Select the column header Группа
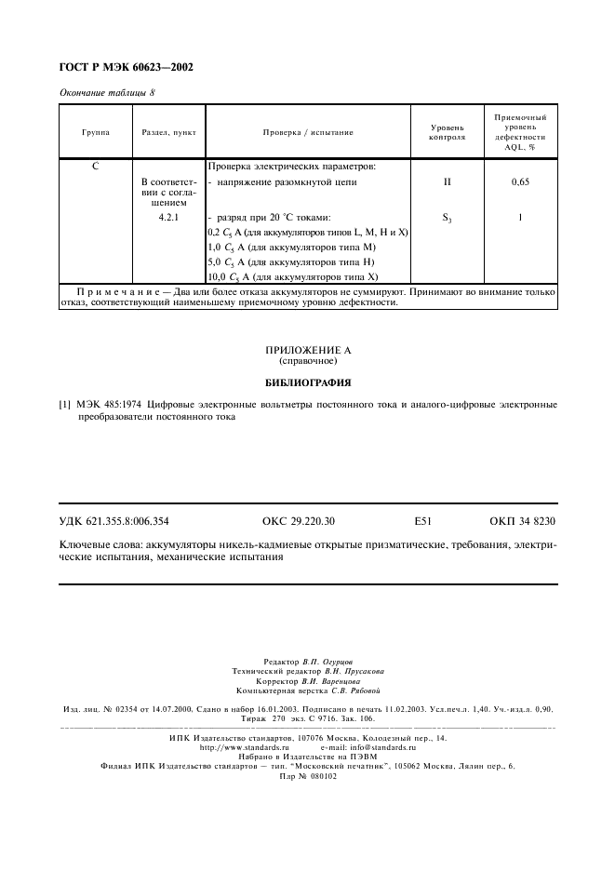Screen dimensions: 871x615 [96, 132]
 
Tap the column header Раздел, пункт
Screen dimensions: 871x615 [168, 132]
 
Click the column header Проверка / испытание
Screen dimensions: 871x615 [307, 132]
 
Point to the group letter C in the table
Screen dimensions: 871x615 [96, 166]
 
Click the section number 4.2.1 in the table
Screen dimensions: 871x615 [168, 216]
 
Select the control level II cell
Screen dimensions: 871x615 [447, 182]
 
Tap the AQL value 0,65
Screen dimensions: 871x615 [520, 182]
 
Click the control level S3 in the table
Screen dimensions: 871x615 [447, 217]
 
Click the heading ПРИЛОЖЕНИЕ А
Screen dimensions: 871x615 [308, 349]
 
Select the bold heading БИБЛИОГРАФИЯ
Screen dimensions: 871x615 [308, 382]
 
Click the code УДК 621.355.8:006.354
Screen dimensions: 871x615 [114, 522]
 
